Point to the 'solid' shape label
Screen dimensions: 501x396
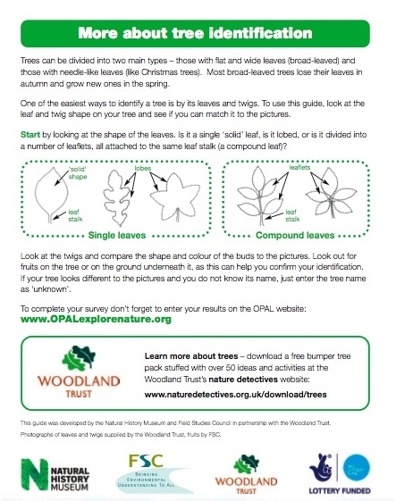point(79,171)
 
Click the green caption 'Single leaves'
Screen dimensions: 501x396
point(121,235)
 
